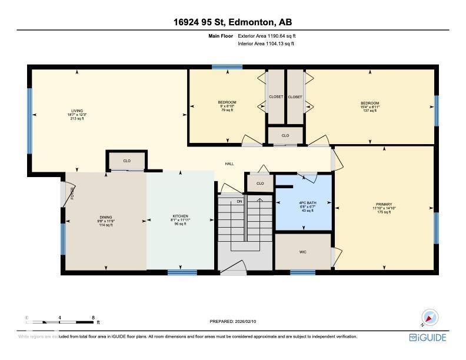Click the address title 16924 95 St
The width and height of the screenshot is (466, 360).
pyautogui.click(x=232, y=22)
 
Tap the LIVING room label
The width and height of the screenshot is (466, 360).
pyautogui.click(x=77, y=111)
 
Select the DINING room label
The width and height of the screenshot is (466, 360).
pyautogui.click(x=106, y=216)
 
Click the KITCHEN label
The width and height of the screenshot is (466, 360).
pyautogui.click(x=180, y=216)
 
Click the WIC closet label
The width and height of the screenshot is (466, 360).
pyautogui.click(x=303, y=252)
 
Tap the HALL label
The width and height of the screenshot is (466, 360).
pyautogui.click(x=230, y=164)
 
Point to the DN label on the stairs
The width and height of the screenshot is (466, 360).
pyautogui.click(x=239, y=202)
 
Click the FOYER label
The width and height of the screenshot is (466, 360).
pyautogui.click(x=72, y=194)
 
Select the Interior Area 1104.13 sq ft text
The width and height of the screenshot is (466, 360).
pyautogui.click(x=266, y=44)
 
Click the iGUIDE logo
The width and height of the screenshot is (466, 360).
pyautogui.click(x=428, y=338)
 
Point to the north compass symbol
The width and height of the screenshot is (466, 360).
pyautogui.click(x=430, y=317)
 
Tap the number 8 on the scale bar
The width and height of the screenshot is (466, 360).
pyautogui.click(x=94, y=318)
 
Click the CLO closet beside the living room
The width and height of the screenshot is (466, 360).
pyautogui.click(x=127, y=161)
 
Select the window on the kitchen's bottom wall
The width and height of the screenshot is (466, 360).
pyautogui.click(x=182, y=272)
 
